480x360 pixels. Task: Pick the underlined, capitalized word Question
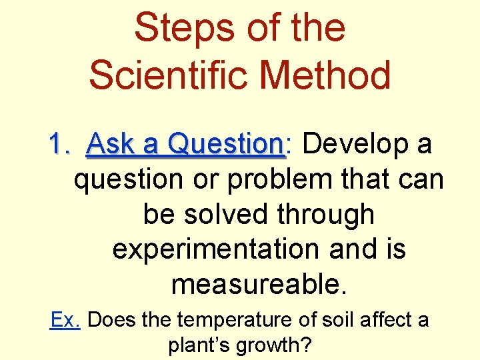point(226,144)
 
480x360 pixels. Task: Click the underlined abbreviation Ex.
point(65,320)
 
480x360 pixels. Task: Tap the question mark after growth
point(307,345)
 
